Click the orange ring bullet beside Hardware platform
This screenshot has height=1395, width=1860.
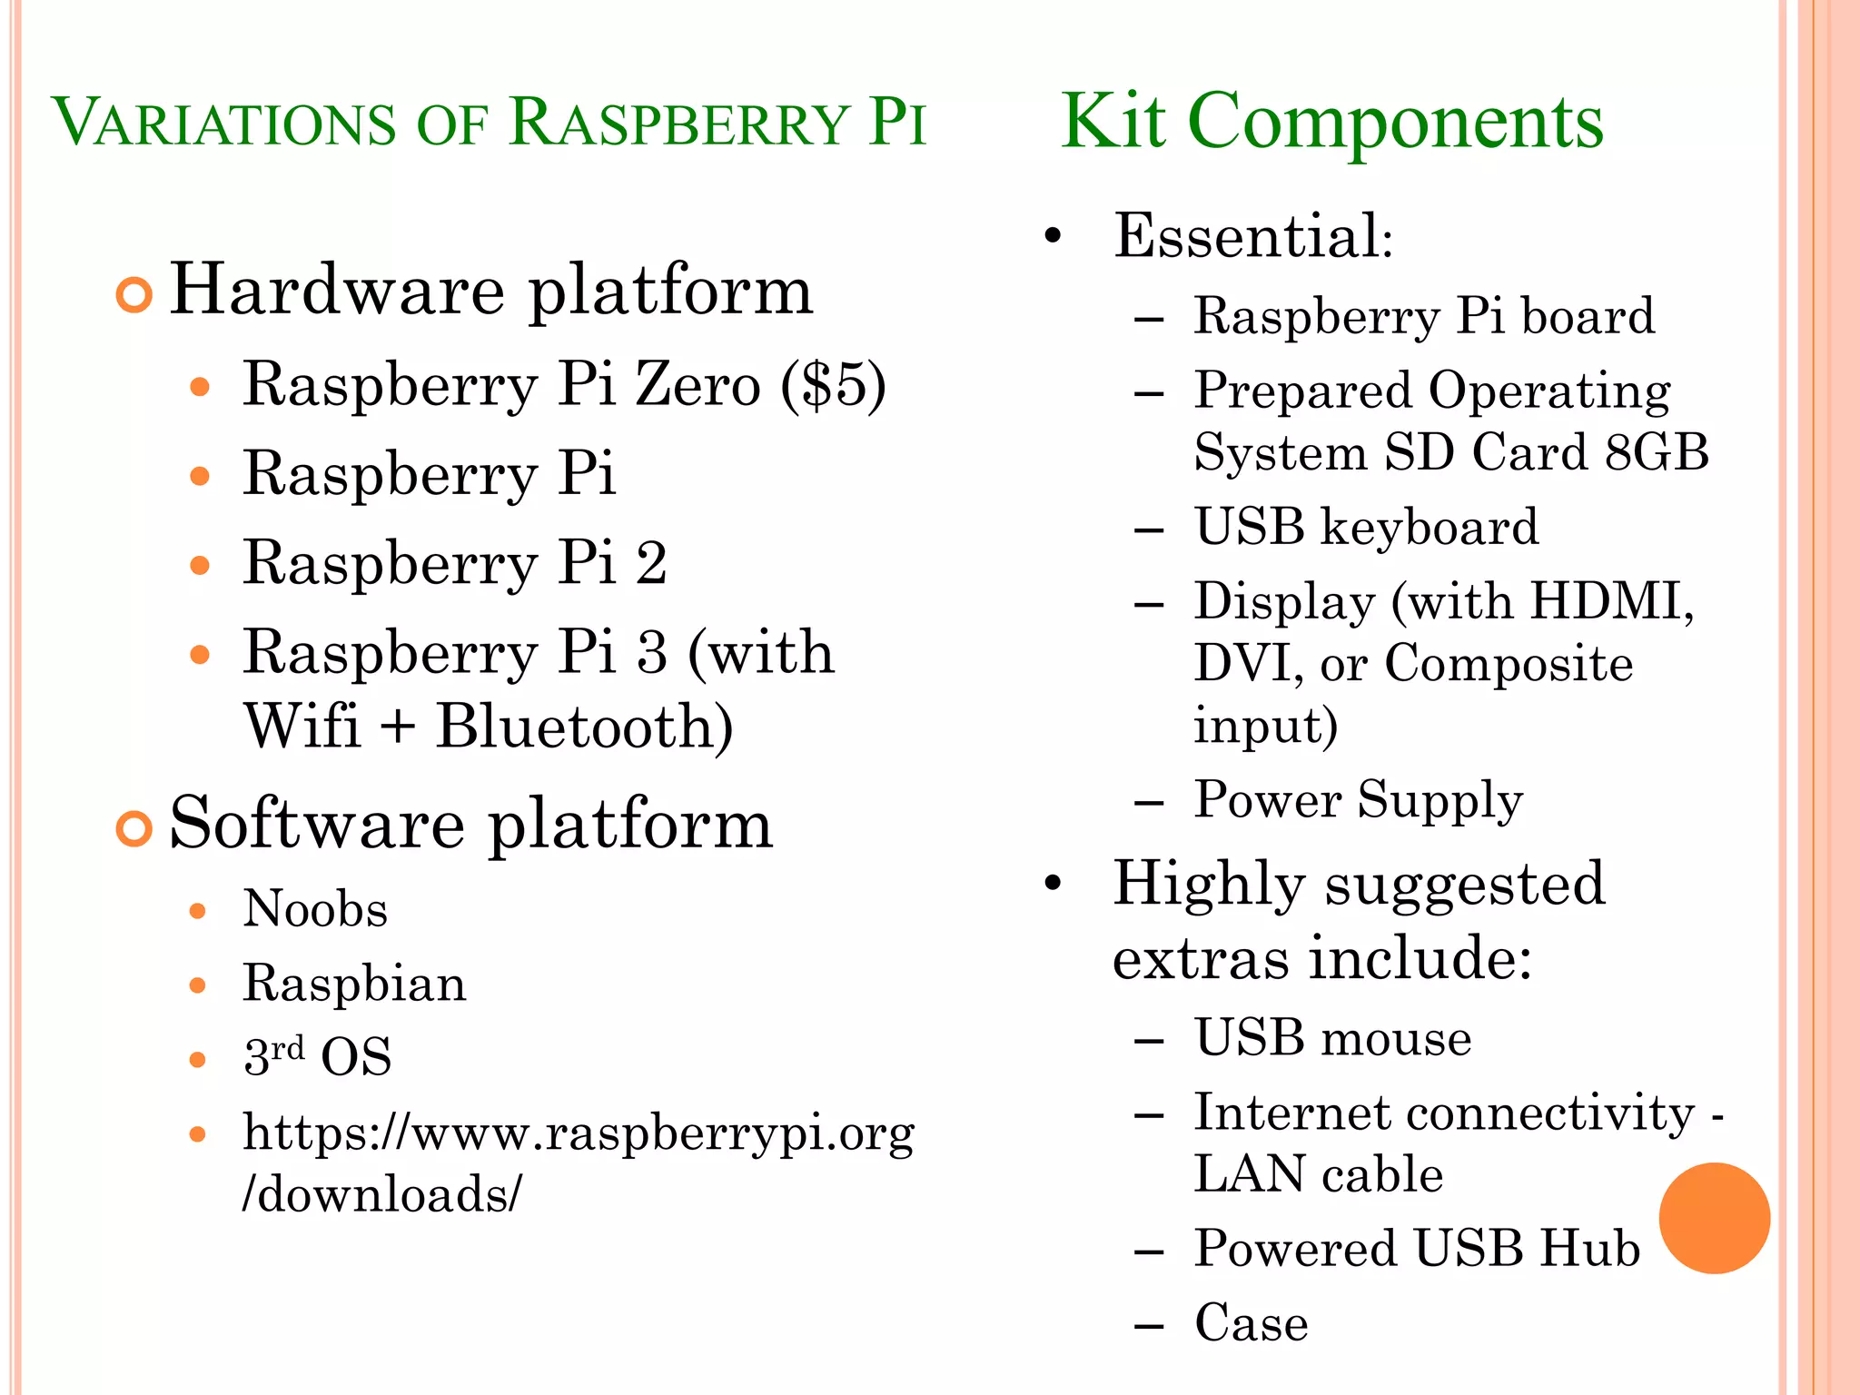click(134, 295)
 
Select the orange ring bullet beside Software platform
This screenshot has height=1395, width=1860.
click(134, 829)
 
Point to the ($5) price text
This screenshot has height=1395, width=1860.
click(833, 385)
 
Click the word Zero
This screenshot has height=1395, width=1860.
click(697, 385)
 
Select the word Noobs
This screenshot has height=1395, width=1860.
click(315, 909)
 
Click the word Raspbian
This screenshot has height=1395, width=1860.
click(354, 984)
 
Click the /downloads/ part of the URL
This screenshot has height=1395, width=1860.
click(382, 1194)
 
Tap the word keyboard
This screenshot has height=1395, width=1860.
click(1430, 527)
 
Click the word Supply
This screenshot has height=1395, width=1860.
click(1440, 801)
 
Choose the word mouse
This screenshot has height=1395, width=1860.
click(1395, 1038)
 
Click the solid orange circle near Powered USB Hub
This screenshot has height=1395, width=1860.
click(1714, 1218)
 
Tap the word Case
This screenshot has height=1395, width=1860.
click(1252, 1322)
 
